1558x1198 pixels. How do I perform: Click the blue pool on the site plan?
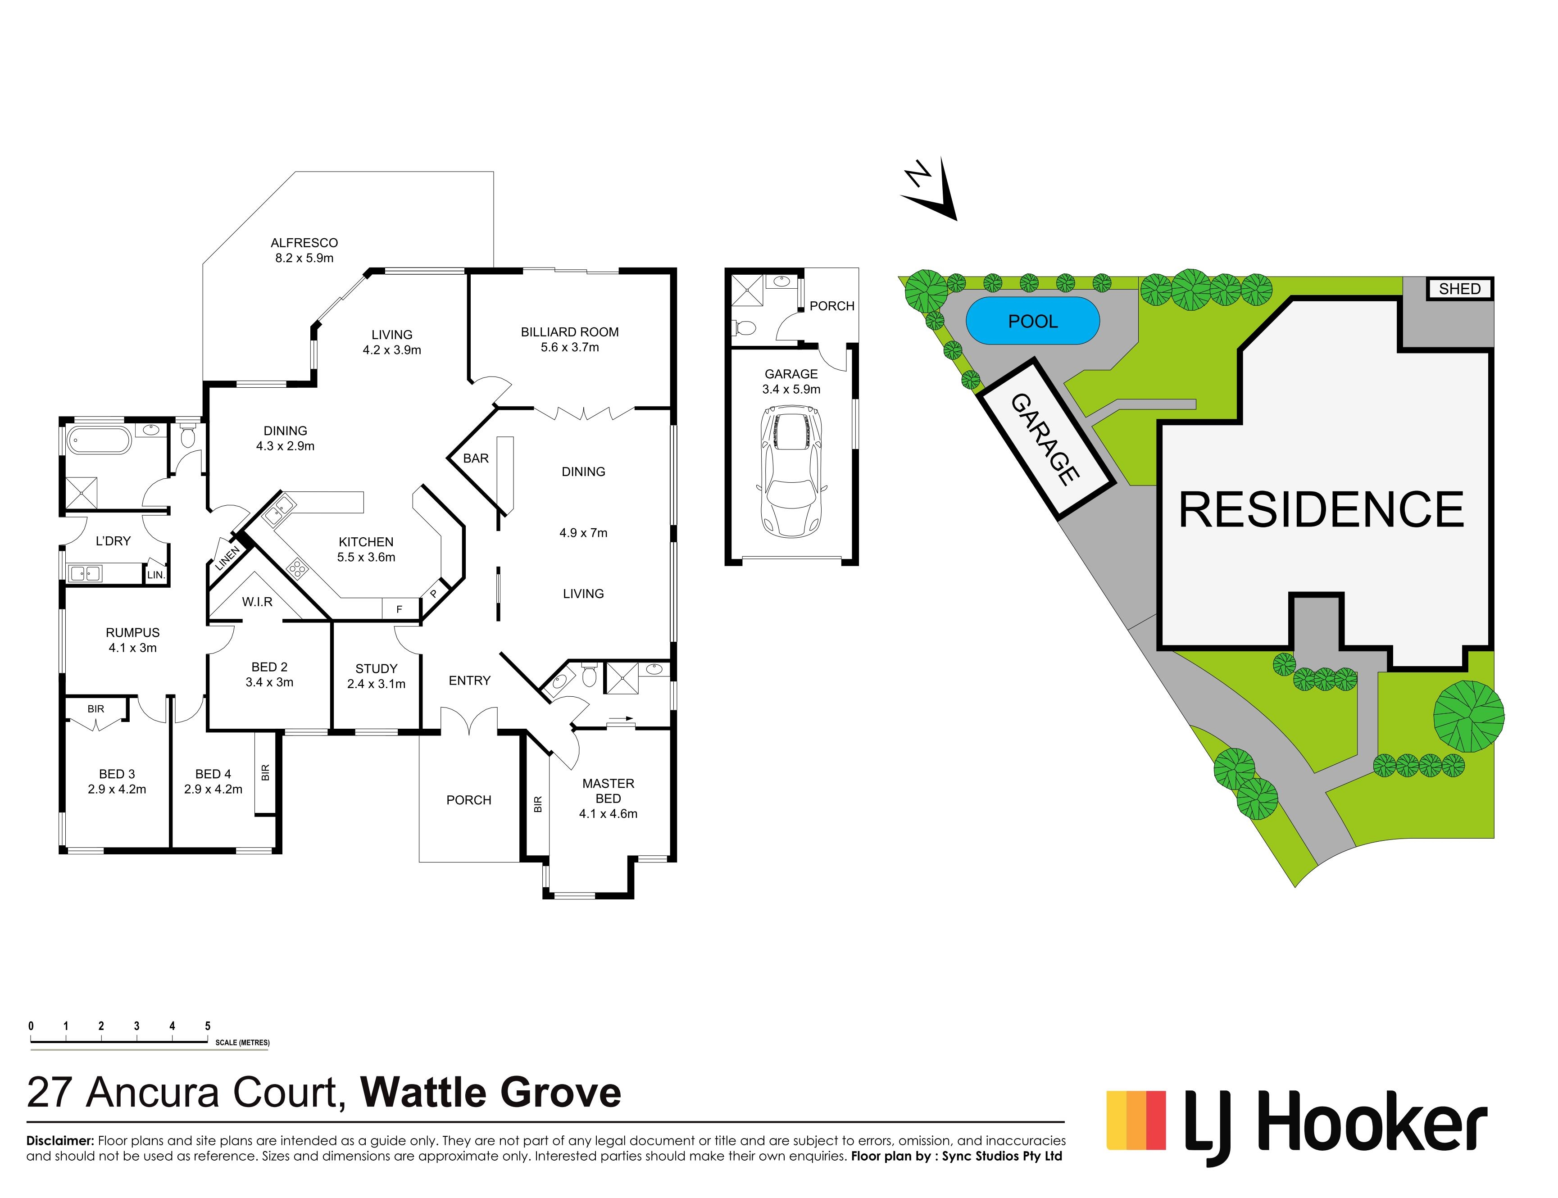pyautogui.click(x=1032, y=321)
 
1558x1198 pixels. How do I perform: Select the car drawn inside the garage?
pyautogui.click(x=791, y=472)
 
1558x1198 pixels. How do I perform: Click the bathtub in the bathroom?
pyautogui.click(x=100, y=440)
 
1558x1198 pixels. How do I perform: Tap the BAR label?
pyautogui.click(x=476, y=458)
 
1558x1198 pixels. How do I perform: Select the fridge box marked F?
pyautogui.click(x=400, y=608)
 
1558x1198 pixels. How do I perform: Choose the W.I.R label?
pyautogui.click(x=257, y=602)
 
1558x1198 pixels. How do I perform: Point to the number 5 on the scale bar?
pyautogui.click(x=208, y=1026)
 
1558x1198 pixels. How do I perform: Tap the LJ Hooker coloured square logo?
pyautogui.click(x=1136, y=1120)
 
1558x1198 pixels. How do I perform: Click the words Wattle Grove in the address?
pyautogui.click(x=491, y=1093)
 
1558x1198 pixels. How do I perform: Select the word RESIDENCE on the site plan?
pyautogui.click(x=1321, y=510)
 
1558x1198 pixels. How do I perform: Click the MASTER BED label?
pyautogui.click(x=608, y=791)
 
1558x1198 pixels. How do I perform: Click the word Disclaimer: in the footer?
pyautogui.click(x=60, y=1141)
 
